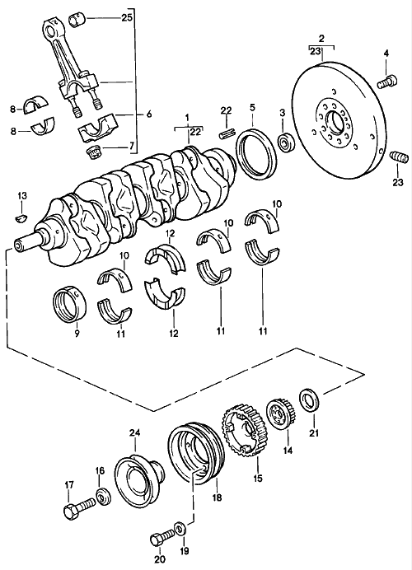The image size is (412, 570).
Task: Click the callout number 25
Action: tap(126, 17)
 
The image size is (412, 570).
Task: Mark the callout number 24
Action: tap(135, 432)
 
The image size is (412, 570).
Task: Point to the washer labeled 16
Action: tap(102, 497)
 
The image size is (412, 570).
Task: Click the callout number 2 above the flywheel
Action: tap(321, 38)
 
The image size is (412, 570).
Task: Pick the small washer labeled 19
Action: tap(179, 528)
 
